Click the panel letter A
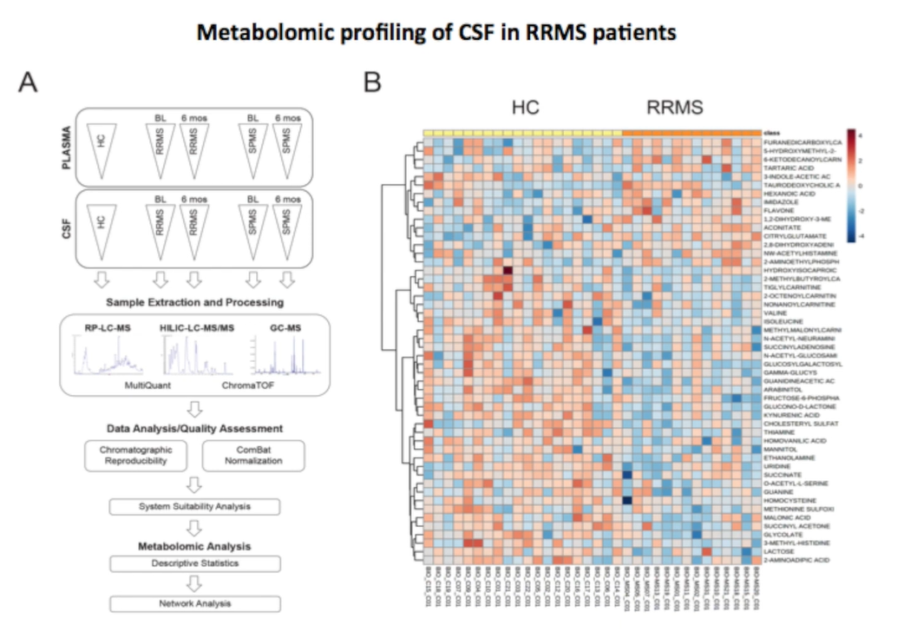coord(29,84)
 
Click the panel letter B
coord(372,84)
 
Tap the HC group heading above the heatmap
coord(525,108)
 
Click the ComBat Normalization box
coord(252,456)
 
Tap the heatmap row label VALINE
coord(776,313)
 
